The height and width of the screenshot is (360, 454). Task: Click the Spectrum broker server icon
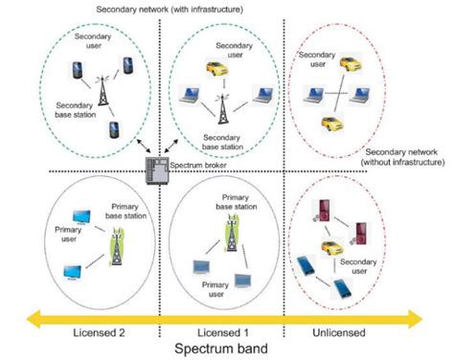(155, 170)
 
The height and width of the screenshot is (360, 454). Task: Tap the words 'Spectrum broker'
(197, 166)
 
